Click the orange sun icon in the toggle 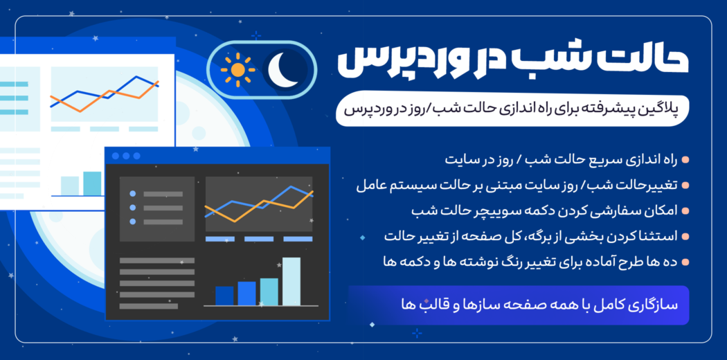(x=238, y=70)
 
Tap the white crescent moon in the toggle (x=284, y=70)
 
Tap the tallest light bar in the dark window (x=291, y=281)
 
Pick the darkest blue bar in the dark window (x=224, y=296)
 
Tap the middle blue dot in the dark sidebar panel (x=133, y=208)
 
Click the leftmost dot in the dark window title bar (x=116, y=156)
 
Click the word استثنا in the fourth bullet (x=660, y=236)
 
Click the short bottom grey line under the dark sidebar (x=148, y=306)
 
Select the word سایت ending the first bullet (x=462, y=161)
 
